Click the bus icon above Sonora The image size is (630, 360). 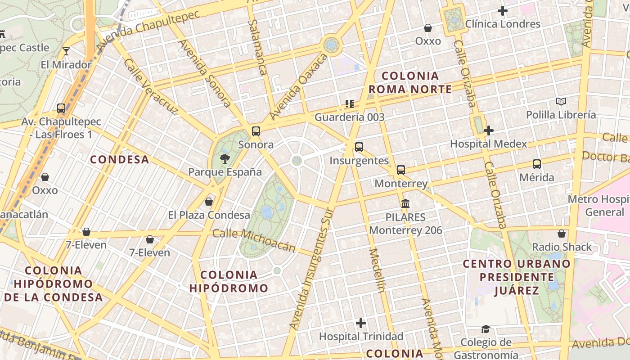coord(256,131)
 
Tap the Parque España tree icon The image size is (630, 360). coord(225,158)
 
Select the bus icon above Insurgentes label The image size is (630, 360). coord(359,147)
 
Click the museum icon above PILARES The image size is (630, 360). coord(405,203)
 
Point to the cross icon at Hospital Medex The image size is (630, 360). coord(489,130)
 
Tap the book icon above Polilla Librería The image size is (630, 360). coord(561,101)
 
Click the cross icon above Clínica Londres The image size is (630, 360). coord(503,10)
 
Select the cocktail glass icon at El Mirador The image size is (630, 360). coord(66,51)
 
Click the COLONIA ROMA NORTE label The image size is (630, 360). coord(409,82)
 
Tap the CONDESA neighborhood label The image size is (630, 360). coord(119,159)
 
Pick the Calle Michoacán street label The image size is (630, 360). coord(254,240)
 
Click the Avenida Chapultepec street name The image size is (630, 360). coord(148,28)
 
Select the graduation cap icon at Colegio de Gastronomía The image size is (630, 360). coord(485,329)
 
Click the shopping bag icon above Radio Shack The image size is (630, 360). coord(561,234)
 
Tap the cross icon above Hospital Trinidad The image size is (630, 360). coord(360,323)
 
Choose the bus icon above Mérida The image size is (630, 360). coord(536,164)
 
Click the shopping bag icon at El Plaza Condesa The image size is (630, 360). coord(209,202)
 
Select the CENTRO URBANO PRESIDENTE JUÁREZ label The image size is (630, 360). coord(517,277)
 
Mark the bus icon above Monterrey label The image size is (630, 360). coord(400,170)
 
